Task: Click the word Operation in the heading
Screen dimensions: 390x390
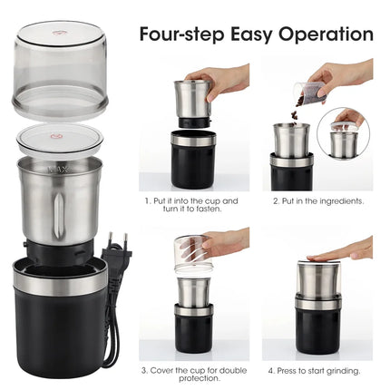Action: click(324, 34)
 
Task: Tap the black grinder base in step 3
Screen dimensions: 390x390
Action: click(193, 332)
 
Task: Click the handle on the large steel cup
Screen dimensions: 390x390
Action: click(54, 209)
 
